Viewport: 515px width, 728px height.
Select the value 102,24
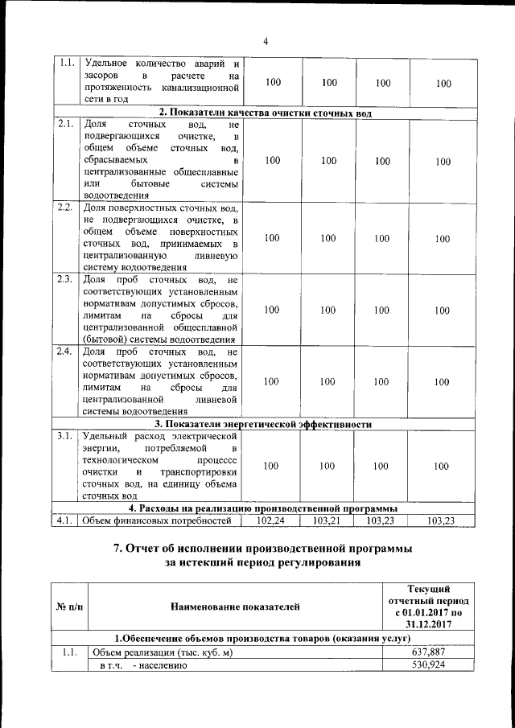click(271, 521)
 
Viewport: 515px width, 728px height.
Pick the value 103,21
click(328, 521)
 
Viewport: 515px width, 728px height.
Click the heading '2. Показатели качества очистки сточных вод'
click(265, 113)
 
